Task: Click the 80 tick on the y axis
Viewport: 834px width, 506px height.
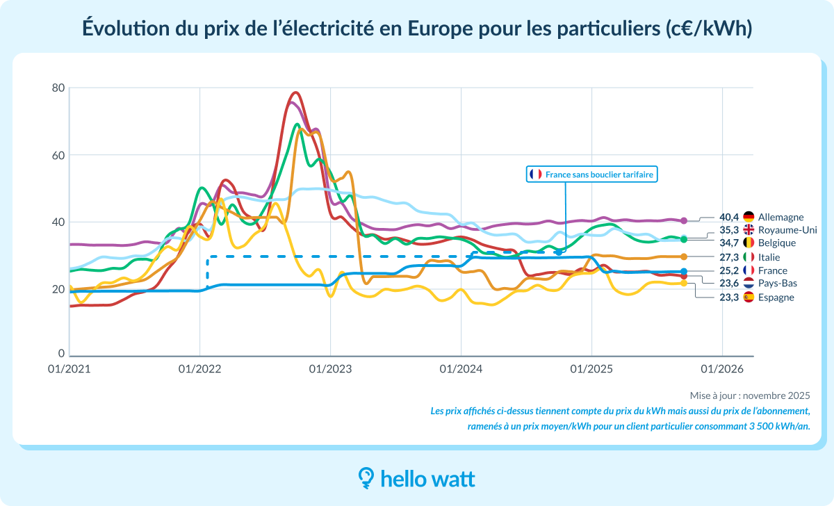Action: (58, 88)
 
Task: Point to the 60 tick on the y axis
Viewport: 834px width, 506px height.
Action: (58, 155)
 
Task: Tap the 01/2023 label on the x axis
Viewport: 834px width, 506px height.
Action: (330, 368)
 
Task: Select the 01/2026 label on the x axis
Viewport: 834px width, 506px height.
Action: (722, 368)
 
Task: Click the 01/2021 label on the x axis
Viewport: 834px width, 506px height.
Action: (69, 368)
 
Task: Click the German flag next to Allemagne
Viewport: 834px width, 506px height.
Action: (749, 217)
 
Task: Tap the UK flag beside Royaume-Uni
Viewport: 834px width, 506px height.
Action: (749, 230)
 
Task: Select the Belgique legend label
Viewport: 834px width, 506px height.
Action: (777, 243)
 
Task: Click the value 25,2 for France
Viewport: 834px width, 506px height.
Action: (729, 270)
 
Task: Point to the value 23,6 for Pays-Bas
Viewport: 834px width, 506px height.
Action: (729, 284)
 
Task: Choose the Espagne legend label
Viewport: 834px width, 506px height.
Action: (776, 297)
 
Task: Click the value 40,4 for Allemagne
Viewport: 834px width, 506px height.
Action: (729, 217)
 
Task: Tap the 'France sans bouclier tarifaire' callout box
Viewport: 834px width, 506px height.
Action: (591, 174)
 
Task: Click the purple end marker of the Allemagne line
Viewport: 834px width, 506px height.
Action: (684, 220)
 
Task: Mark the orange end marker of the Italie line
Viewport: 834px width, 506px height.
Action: (684, 257)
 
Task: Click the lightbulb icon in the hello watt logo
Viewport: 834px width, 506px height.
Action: (366, 478)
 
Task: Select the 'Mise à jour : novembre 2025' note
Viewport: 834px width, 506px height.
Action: (750, 395)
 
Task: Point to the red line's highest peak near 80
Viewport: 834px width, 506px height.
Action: (296, 92)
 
